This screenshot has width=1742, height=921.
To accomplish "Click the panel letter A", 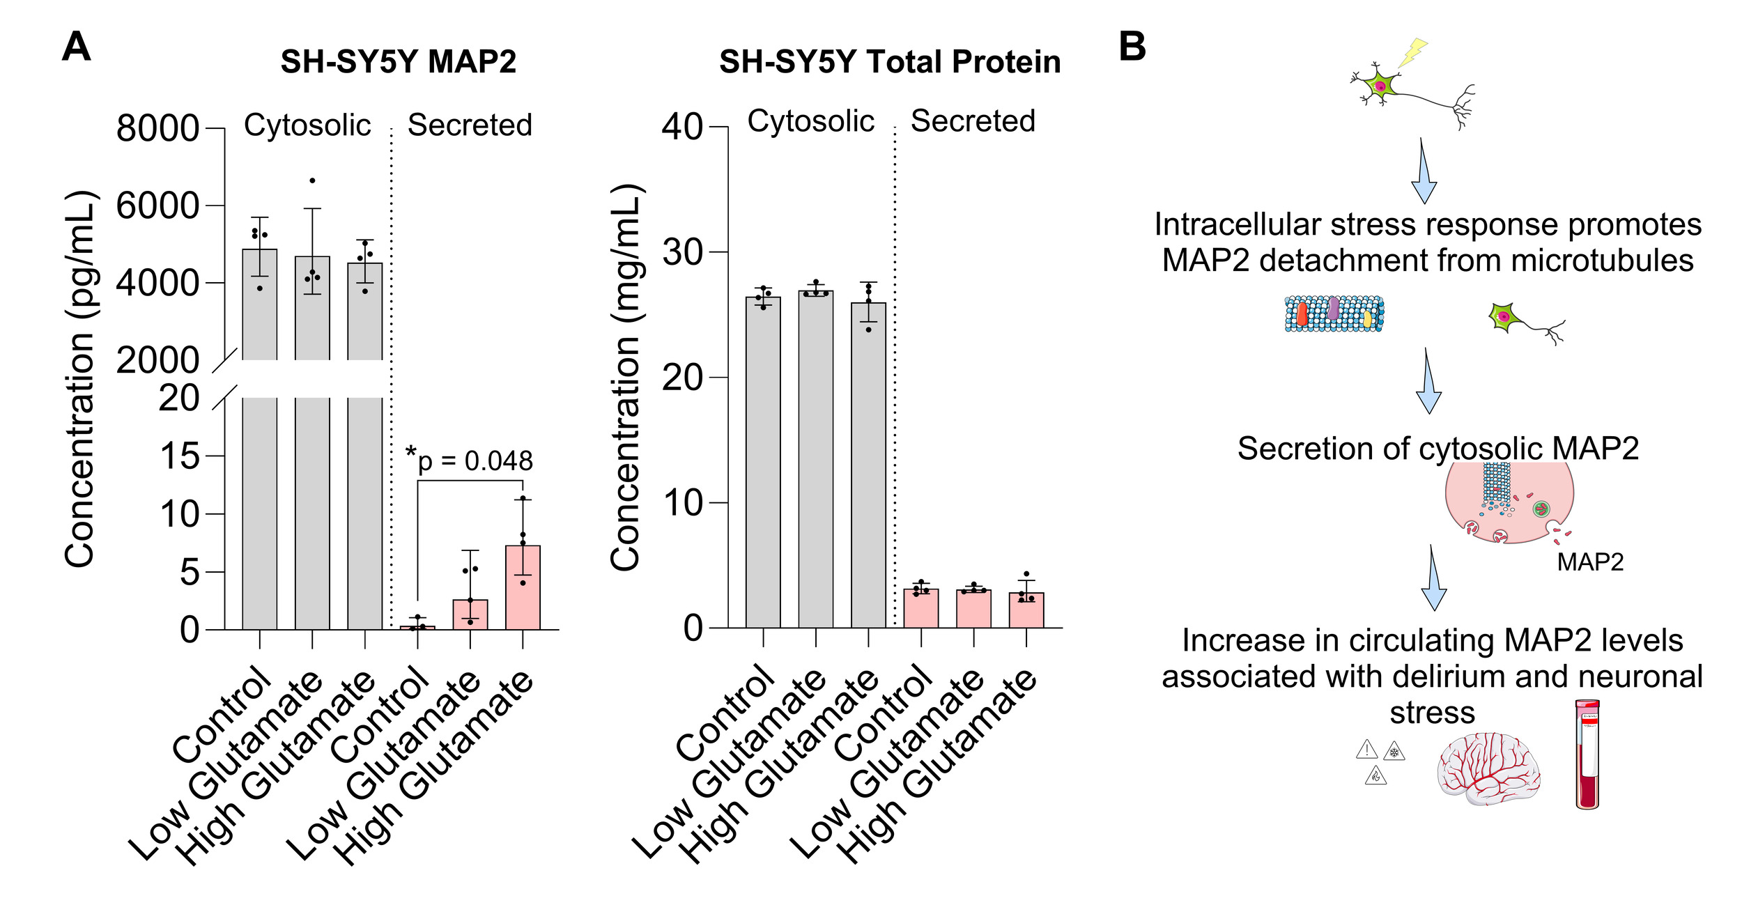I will [x=76, y=47].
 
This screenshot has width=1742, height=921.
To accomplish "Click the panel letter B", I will [x=1132, y=47].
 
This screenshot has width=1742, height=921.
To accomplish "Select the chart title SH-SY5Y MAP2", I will [x=398, y=62].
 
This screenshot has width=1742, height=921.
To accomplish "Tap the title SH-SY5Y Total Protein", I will [x=890, y=62].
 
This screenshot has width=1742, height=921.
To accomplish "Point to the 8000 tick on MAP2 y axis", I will [x=157, y=129].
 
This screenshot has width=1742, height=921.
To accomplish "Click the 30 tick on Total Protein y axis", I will [x=682, y=252].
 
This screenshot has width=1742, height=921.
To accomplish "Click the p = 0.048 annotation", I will [x=475, y=460].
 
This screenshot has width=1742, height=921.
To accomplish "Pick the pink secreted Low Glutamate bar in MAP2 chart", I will [x=470, y=614].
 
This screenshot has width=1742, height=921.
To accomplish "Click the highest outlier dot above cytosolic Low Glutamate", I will [x=312, y=180].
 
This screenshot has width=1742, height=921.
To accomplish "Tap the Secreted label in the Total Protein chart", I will [x=973, y=121].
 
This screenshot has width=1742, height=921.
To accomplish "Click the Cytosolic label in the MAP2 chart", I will [x=307, y=125].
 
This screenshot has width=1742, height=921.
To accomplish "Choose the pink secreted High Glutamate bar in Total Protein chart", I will [x=1026, y=610].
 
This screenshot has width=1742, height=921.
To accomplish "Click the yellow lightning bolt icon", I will [x=1412, y=52].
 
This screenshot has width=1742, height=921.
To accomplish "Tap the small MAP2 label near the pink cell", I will [x=1590, y=562].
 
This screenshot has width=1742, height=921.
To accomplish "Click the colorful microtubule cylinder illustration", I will [x=1334, y=314].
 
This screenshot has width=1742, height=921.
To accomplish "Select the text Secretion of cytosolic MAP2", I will [x=1437, y=448].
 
